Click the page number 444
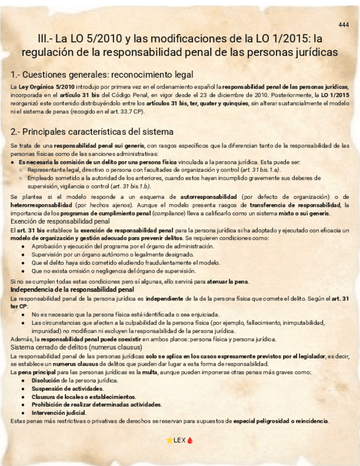coord(344,25)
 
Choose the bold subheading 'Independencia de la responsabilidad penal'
coord(72,289)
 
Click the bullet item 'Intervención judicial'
coord(59,413)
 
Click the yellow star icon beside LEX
coord(169,441)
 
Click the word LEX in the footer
coord(180,441)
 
